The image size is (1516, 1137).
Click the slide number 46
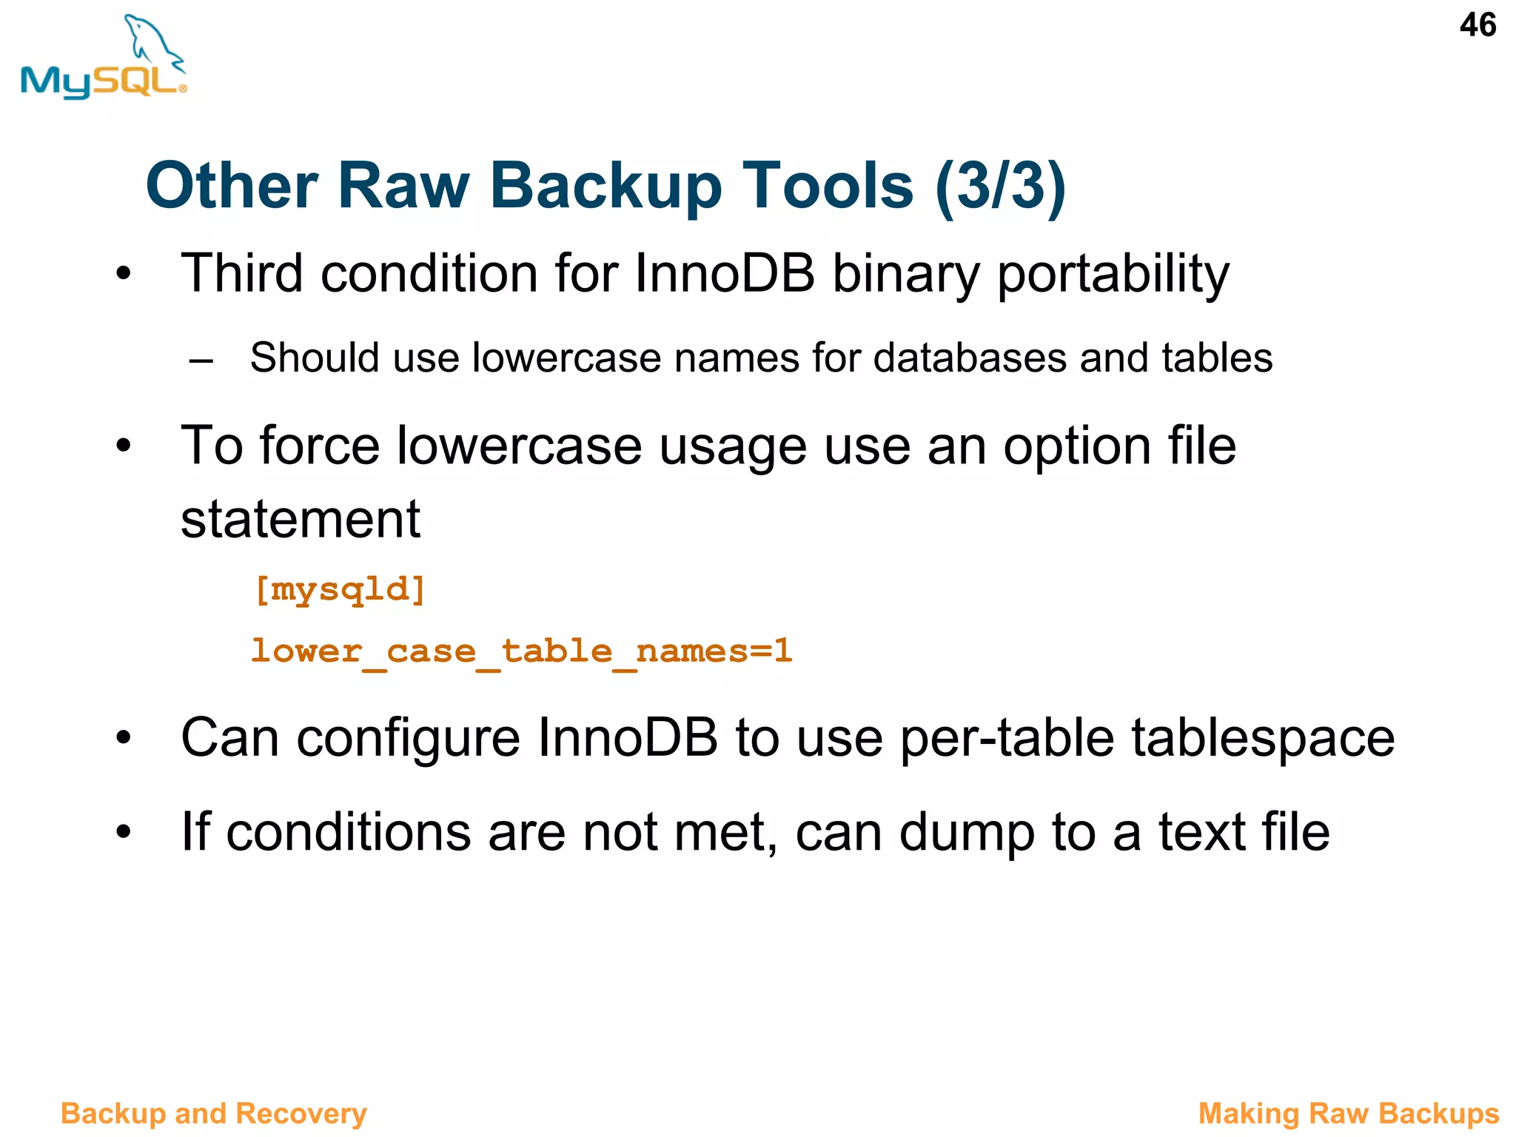click(x=1477, y=25)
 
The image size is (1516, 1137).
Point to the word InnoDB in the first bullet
click(x=724, y=273)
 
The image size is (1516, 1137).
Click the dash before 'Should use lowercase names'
click(x=201, y=361)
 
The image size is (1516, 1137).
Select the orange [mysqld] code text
click(x=340, y=590)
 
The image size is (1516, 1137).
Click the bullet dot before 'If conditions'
click(x=124, y=831)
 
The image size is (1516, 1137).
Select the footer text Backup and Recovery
click(x=214, y=1113)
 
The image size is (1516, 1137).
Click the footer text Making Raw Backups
click(x=1348, y=1113)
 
